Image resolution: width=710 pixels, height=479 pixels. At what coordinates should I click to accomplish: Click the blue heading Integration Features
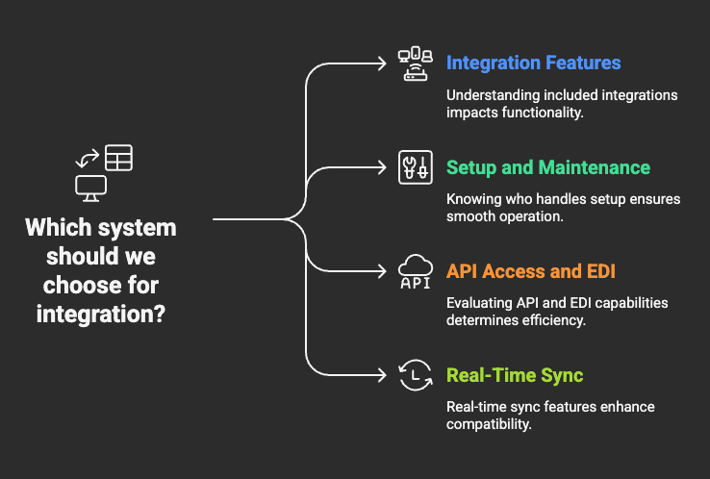533,63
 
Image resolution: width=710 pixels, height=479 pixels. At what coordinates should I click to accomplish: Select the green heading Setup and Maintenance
548,167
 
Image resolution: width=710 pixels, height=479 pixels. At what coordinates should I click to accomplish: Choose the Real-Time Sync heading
515,375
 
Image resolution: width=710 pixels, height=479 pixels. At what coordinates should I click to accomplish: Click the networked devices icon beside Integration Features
416,63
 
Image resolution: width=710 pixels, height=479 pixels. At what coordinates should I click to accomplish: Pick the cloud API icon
416,271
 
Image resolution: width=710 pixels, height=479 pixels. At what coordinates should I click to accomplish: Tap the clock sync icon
416,375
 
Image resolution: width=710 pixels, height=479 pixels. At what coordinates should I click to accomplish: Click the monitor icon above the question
89,188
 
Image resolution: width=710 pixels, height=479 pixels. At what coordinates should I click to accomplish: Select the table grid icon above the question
119,158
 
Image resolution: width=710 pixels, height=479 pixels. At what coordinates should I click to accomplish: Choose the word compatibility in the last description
489,423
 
